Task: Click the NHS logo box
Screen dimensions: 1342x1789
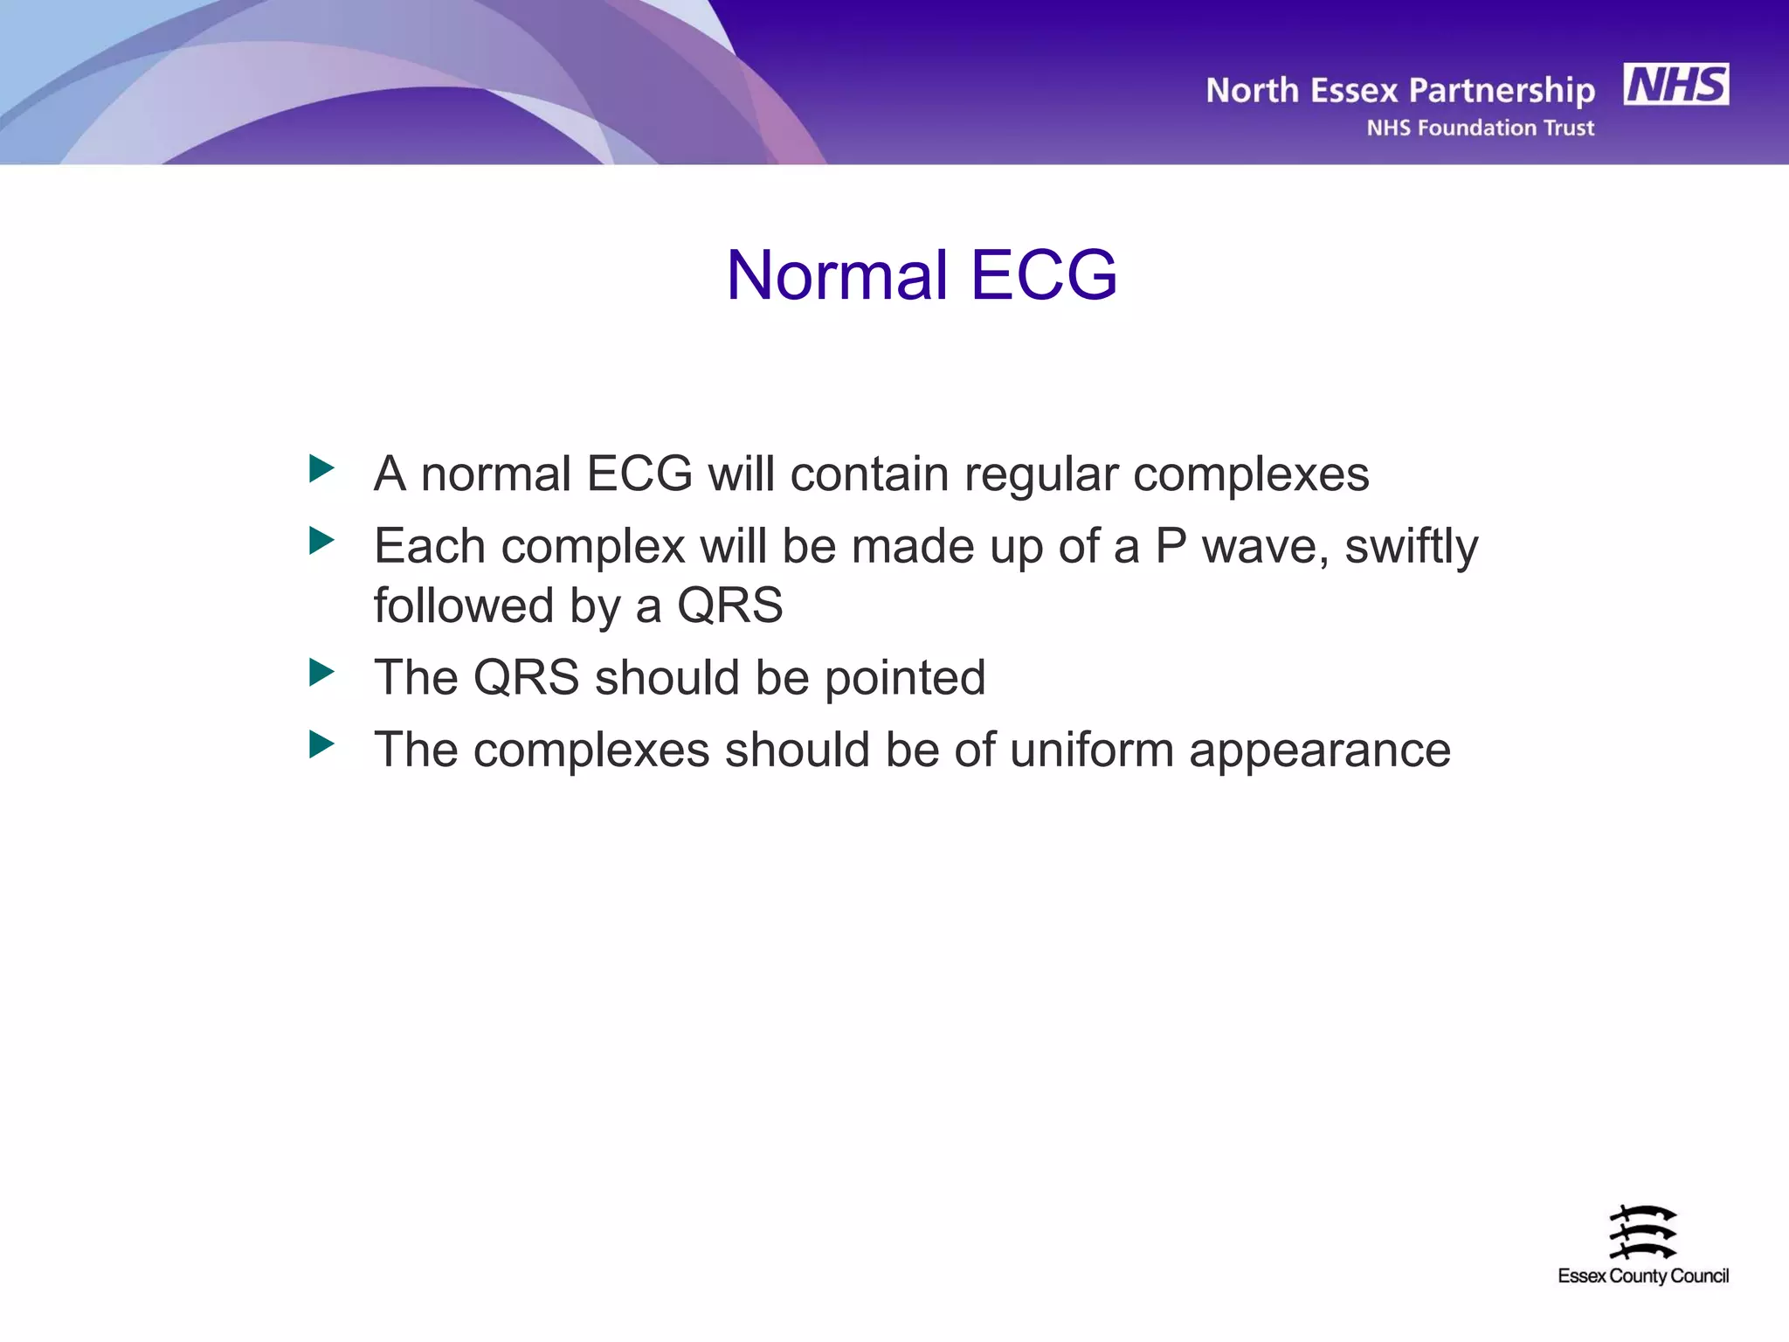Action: coord(1675,85)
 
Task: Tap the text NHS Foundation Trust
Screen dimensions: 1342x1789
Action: coord(1480,128)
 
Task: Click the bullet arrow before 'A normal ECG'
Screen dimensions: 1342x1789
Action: coord(321,469)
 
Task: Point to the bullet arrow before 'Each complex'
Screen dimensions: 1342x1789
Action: coord(321,541)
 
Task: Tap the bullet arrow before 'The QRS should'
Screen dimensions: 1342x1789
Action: coord(321,673)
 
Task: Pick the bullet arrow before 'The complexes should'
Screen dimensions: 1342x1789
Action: coord(321,744)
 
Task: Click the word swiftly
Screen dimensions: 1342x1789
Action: coord(1411,549)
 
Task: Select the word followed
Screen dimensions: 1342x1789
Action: coord(463,605)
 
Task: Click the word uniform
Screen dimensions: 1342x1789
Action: coord(1091,750)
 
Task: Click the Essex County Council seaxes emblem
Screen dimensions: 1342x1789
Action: coord(1642,1232)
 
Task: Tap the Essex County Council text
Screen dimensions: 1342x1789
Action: coord(1642,1276)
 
